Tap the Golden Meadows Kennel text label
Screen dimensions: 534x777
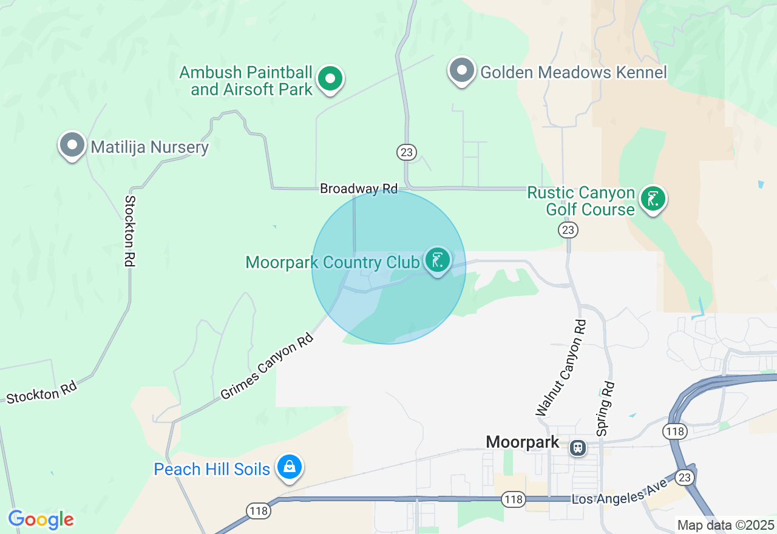(x=573, y=73)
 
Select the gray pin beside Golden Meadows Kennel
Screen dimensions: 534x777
(x=462, y=70)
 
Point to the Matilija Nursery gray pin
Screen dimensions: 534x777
(x=72, y=145)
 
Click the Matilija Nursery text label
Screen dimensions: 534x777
(x=149, y=147)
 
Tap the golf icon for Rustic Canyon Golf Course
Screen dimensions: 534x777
(x=653, y=198)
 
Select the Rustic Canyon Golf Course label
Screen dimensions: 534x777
(x=581, y=201)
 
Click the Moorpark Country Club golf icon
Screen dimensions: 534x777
(x=437, y=260)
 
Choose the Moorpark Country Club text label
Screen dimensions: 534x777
(x=333, y=263)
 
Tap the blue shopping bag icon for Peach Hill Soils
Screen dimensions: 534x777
(x=290, y=467)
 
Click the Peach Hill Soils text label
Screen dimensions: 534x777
(x=212, y=469)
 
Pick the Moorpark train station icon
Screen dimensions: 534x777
(x=577, y=448)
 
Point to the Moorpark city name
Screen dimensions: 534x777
(x=522, y=442)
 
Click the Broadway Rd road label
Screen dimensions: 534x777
(x=359, y=189)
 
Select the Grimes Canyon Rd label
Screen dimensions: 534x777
(x=268, y=366)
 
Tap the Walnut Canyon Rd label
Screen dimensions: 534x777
(x=562, y=369)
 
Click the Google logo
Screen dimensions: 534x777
(x=41, y=519)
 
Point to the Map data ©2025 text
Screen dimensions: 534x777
(x=725, y=525)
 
